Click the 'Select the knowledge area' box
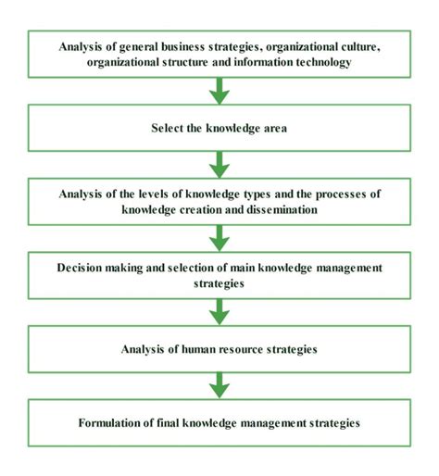pyautogui.click(x=219, y=127)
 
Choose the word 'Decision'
pyautogui.click(x=79, y=267)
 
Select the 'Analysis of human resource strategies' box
pyautogui.click(x=219, y=348)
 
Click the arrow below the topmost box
pyautogui.click(x=219, y=91)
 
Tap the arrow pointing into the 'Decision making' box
pyautogui.click(x=219, y=237)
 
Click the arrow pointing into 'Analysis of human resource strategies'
pyautogui.click(x=219, y=311)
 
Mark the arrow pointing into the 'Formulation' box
pyautogui.click(x=219, y=385)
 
